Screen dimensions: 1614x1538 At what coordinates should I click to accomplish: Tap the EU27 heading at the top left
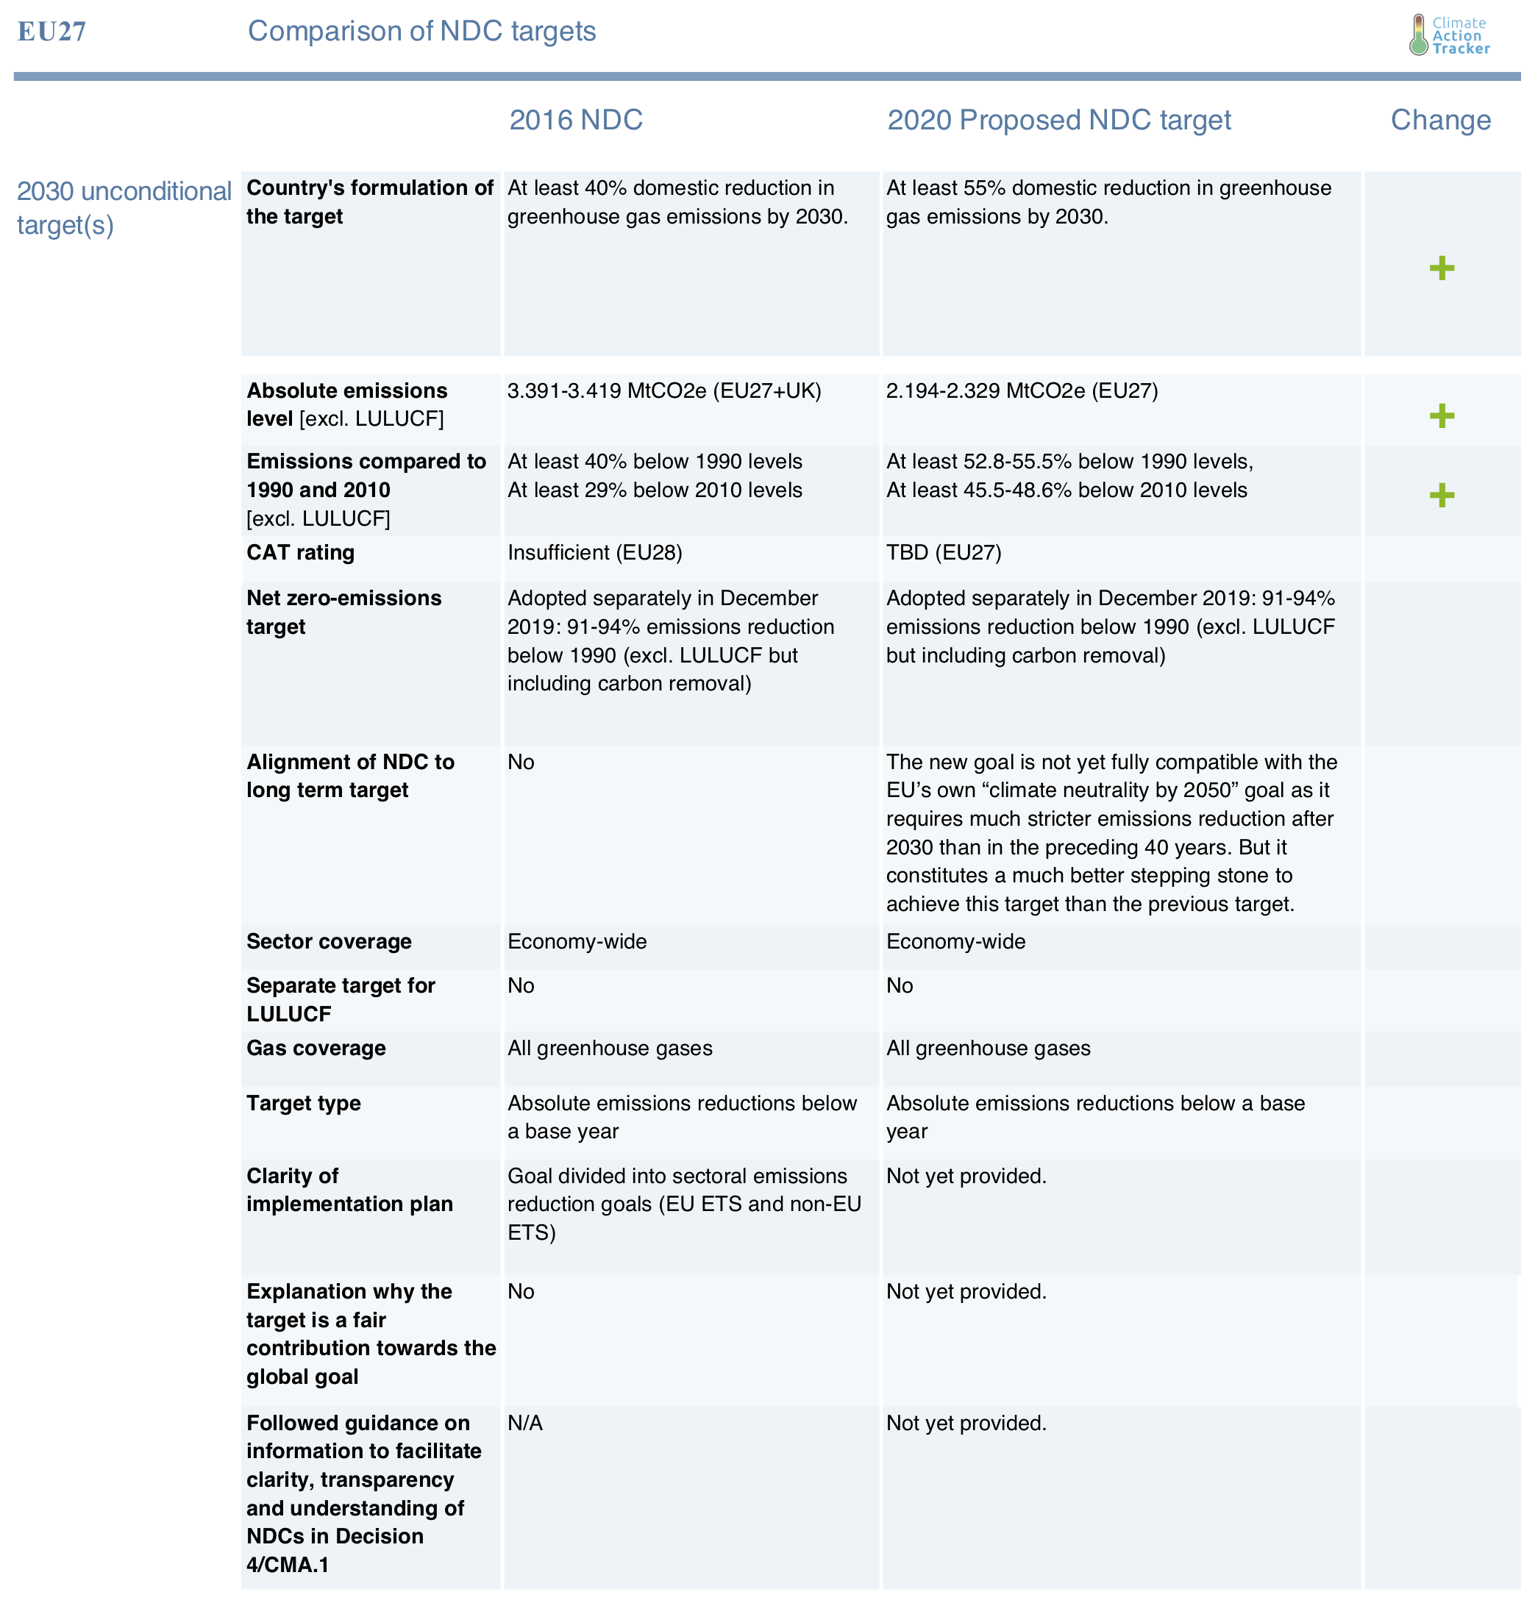[x=51, y=32]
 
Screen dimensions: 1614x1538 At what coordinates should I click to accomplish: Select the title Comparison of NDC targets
[x=421, y=31]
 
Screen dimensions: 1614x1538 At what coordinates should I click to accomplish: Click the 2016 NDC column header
[x=575, y=121]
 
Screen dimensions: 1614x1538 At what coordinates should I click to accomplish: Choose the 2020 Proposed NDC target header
[x=1058, y=121]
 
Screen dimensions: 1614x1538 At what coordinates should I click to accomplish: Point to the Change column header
[x=1440, y=121]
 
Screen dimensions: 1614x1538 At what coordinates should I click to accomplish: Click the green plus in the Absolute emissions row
[x=1441, y=415]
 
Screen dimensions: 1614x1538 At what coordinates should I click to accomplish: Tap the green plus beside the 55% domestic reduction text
[x=1441, y=268]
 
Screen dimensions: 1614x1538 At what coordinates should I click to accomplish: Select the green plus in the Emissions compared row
[x=1441, y=495]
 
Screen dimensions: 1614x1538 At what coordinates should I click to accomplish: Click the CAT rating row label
[x=300, y=552]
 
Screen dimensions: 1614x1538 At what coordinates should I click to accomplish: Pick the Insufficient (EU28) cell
[x=594, y=552]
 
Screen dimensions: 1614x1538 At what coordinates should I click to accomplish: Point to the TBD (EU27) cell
[x=944, y=552]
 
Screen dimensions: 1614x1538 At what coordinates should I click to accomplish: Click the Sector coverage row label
[x=329, y=941]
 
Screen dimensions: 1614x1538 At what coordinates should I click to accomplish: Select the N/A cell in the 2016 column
[x=524, y=1423]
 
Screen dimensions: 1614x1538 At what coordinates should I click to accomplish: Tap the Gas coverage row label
[x=316, y=1048]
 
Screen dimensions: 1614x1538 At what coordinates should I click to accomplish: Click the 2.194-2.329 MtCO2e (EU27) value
[x=1022, y=391]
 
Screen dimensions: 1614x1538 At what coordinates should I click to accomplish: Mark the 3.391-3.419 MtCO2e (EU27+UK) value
[x=664, y=391]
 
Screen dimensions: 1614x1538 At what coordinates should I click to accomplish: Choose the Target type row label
[x=303, y=1103]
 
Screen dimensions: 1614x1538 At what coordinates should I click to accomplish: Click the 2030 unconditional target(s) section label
[x=124, y=207]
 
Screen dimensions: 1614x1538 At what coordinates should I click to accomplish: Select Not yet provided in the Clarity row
[x=966, y=1176]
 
